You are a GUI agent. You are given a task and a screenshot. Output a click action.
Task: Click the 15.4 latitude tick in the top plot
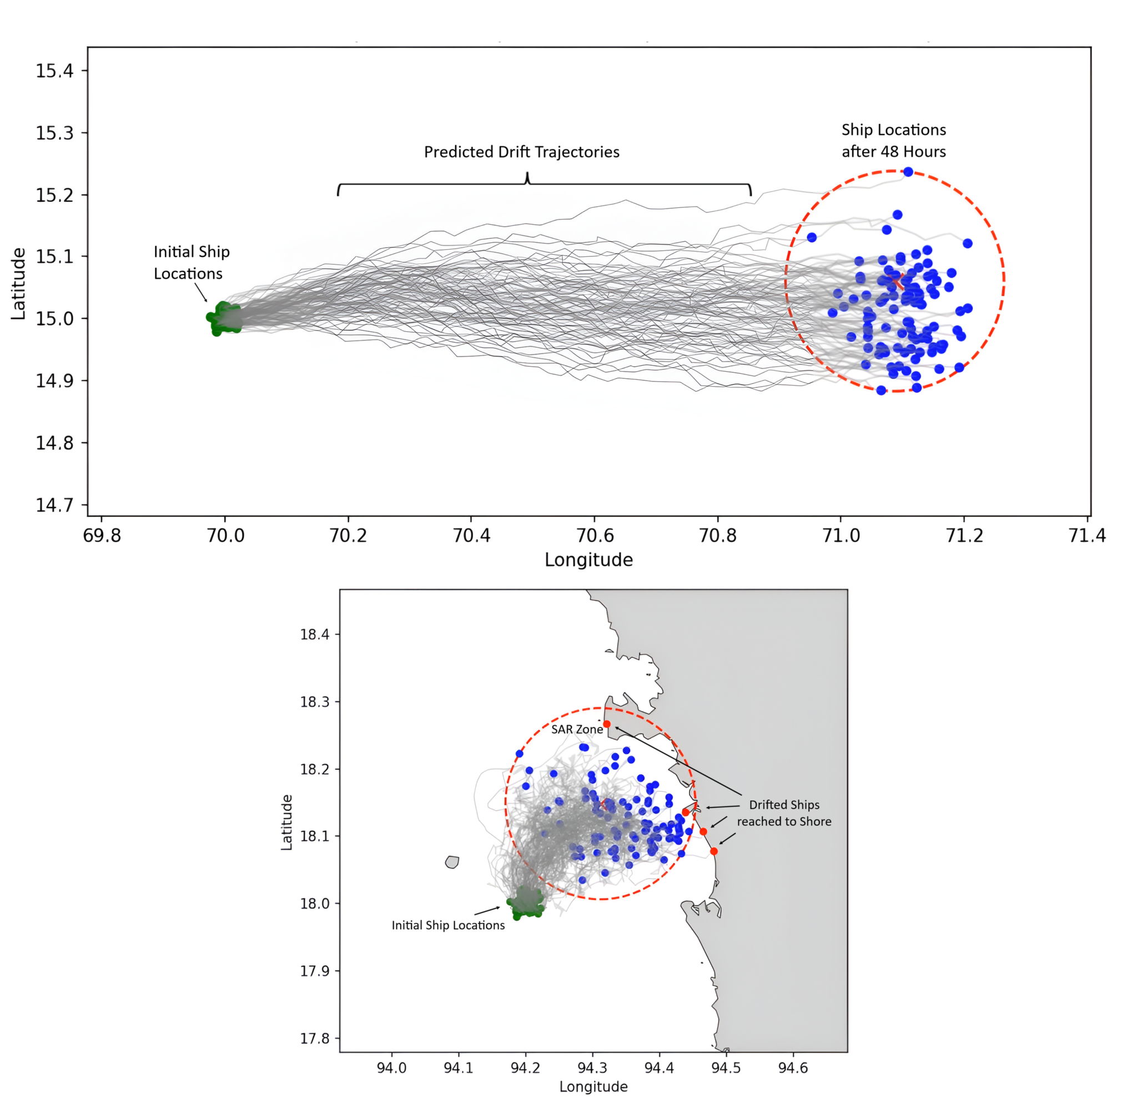[x=54, y=71]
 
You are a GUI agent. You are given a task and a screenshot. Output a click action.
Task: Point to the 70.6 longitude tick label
[x=595, y=535]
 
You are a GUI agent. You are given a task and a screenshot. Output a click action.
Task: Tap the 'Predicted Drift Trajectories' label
[x=521, y=152]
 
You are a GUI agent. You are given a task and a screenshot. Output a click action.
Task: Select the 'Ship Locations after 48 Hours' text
[x=893, y=140]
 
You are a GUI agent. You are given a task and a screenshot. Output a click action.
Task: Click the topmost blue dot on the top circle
[x=908, y=171]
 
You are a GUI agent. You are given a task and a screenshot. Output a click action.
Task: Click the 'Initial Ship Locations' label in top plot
[x=192, y=262]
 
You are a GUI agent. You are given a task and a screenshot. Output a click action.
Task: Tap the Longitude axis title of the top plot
[x=588, y=560]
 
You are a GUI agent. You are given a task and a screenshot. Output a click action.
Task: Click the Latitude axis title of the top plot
[x=18, y=284]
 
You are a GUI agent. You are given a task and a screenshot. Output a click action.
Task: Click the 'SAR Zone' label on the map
[x=577, y=730]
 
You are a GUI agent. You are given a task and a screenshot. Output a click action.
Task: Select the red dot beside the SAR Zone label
[x=607, y=724]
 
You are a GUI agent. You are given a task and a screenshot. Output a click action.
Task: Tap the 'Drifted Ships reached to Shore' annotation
[x=784, y=813]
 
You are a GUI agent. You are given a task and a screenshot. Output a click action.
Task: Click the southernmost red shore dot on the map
[x=713, y=851]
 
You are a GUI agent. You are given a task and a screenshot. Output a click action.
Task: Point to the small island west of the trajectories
[x=452, y=862]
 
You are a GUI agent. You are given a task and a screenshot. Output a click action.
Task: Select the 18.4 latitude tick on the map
[x=314, y=634]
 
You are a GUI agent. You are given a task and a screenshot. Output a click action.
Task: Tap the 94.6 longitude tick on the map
[x=792, y=1068]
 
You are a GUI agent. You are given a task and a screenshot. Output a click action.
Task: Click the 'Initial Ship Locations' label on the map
[x=448, y=925]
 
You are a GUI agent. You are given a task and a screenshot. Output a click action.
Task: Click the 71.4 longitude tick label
[x=1086, y=535]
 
